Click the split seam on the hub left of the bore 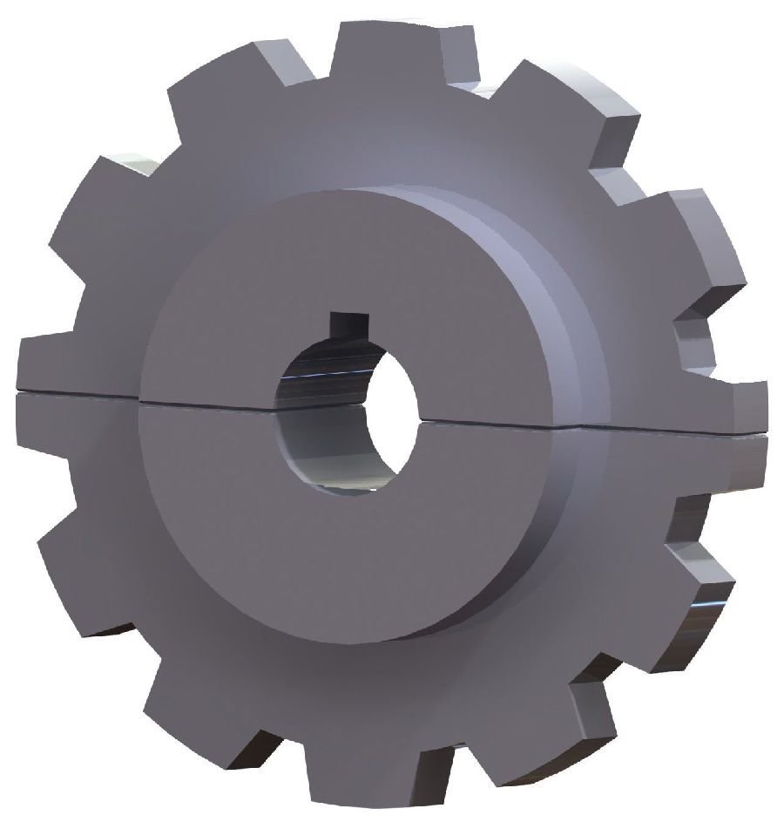(209, 404)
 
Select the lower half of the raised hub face (348, 540)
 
